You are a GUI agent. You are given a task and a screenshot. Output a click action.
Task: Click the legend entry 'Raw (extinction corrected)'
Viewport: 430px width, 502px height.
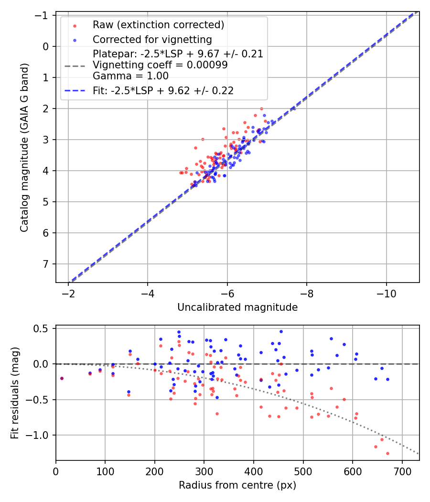pyautogui.click(x=158, y=25)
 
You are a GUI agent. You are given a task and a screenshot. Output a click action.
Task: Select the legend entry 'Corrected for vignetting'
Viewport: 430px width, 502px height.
pyautogui.click(x=152, y=39)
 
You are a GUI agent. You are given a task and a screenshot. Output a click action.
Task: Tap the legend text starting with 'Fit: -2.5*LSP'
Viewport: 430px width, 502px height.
pyautogui.click(x=163, y=91)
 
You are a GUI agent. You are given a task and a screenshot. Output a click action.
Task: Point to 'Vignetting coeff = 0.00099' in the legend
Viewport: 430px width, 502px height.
pyautogui.click(x=160, y=65)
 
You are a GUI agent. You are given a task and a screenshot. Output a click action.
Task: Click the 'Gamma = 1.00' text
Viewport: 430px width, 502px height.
pyautogui.click(x=130, y=76)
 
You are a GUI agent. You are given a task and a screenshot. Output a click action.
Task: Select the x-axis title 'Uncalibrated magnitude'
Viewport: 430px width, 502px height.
pyautogui.click(x=237, y=307)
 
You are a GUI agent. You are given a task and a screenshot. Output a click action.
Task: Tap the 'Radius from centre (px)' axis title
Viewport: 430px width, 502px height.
pyautogui.click(x=237, y=485)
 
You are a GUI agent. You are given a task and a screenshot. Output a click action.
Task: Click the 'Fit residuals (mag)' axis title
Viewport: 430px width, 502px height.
pyautogui.click(x=15, y=393)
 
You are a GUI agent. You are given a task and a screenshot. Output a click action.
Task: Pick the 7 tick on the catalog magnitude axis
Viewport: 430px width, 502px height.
pyautogui.click(x=46, y=264)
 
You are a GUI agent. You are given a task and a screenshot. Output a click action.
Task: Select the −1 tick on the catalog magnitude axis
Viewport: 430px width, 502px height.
pyautogui.click(x=43, y=15)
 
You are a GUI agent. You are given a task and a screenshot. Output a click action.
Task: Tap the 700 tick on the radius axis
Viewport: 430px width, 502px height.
pyautogui.click(x=402, y=471)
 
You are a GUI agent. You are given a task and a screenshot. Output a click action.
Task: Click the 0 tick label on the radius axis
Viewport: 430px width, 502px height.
pyautogui.click(x=56, y=471)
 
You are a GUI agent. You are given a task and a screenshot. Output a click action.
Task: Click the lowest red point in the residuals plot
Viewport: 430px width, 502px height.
pyautogui.click(x=387, y=453)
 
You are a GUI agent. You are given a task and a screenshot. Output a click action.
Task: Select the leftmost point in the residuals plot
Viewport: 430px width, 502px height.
pyautogui.click(x=62, y=378)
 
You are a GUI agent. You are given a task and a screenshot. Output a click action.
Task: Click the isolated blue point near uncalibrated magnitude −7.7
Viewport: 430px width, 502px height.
pyautogui.click(x=294, y=109)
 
